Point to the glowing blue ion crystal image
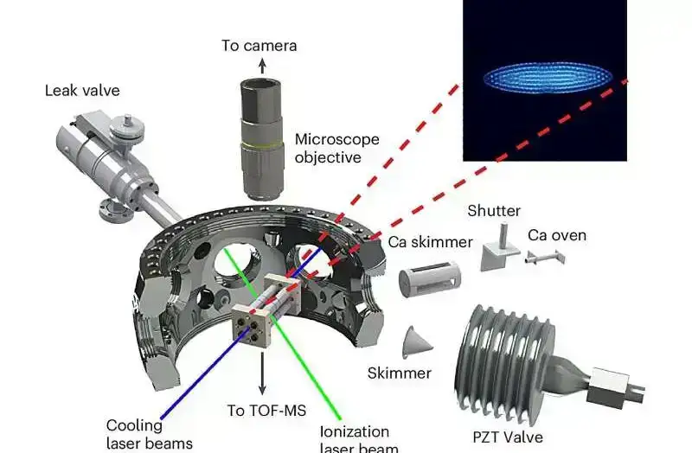tap(546, 80)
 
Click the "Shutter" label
tap(494, 211)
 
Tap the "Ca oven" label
tap(557, 234)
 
